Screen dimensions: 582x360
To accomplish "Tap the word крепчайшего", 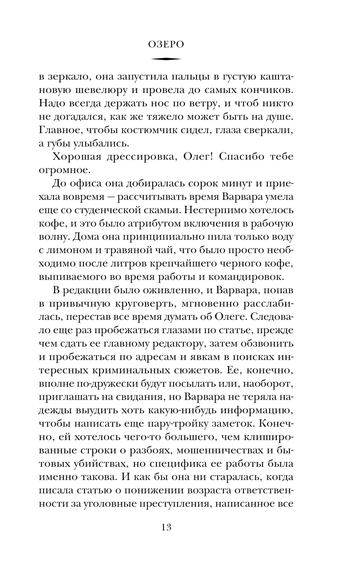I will pyautogui.click(x=182, y=264).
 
